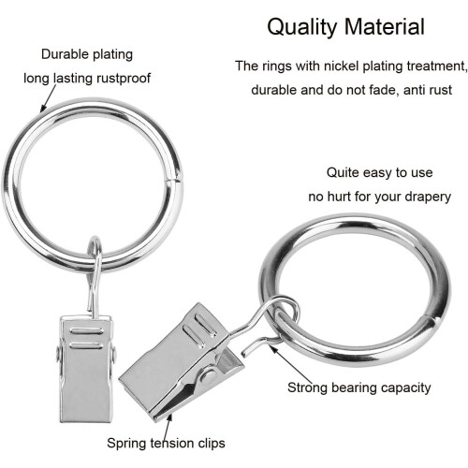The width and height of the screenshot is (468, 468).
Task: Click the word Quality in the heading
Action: pos(303,27)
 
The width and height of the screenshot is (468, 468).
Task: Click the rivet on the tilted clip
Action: pos(208,376)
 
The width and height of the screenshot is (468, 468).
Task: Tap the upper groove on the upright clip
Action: pos(86,331)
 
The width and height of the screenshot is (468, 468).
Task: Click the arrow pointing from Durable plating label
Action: pos(49,98)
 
